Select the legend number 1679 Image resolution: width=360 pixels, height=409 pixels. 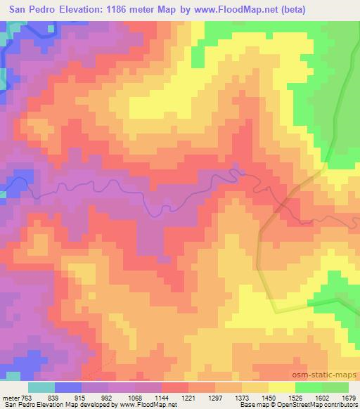[x=349, y=398]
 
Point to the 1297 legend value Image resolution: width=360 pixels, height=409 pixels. [x=215, y=398]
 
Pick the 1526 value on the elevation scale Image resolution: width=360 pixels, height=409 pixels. [x=295, y=398]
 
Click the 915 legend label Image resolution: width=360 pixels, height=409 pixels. [x=82, y=398]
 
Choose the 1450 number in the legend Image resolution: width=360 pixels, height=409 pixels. [x=269, y=398]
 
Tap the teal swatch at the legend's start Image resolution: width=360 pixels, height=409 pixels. [x=41, y=387]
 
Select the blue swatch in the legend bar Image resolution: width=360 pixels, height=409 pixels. [x=68, y=387]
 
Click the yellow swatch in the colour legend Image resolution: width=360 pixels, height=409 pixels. [x=282, y=387]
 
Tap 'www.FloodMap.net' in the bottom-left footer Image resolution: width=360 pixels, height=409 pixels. [x=147, y=405]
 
